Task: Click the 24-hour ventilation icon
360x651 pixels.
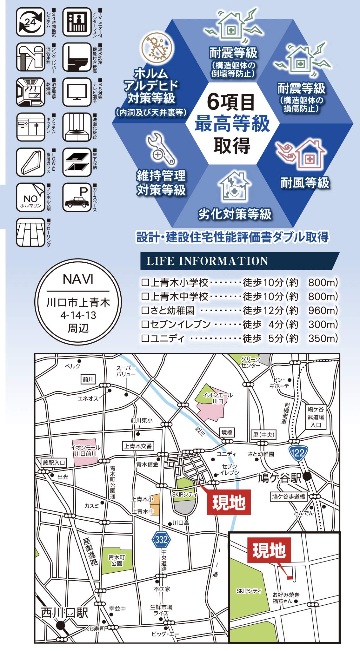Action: (x=30, y=22)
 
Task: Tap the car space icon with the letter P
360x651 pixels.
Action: (x=77, y=197)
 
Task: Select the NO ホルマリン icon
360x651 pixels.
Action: (x=30, y=197)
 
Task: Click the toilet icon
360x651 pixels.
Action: (x=77, y=57)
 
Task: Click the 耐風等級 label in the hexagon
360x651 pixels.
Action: (x=305, y=183)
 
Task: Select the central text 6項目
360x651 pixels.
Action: (x=231, y=102)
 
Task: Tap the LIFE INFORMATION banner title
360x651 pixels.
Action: (x=207, y=261)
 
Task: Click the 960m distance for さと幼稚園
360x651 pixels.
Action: (x=323, y=310)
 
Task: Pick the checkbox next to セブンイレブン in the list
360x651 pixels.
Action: (x=145, y=324)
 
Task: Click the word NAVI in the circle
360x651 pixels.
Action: (x=78, y=279)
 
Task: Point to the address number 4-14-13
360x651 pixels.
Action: (x=78, y=315)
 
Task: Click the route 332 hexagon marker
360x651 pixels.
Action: (x=161, y=539)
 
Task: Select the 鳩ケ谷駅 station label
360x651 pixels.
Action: (x=279, y=477)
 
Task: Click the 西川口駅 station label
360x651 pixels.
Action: (x=64, y=613)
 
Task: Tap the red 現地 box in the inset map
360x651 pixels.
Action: (x=269, y=550)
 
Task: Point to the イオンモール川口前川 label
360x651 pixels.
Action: (x=85, y=450)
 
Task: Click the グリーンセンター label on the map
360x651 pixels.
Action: (x=250, y=362)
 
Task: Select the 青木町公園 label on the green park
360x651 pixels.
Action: (x=117, y=560)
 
